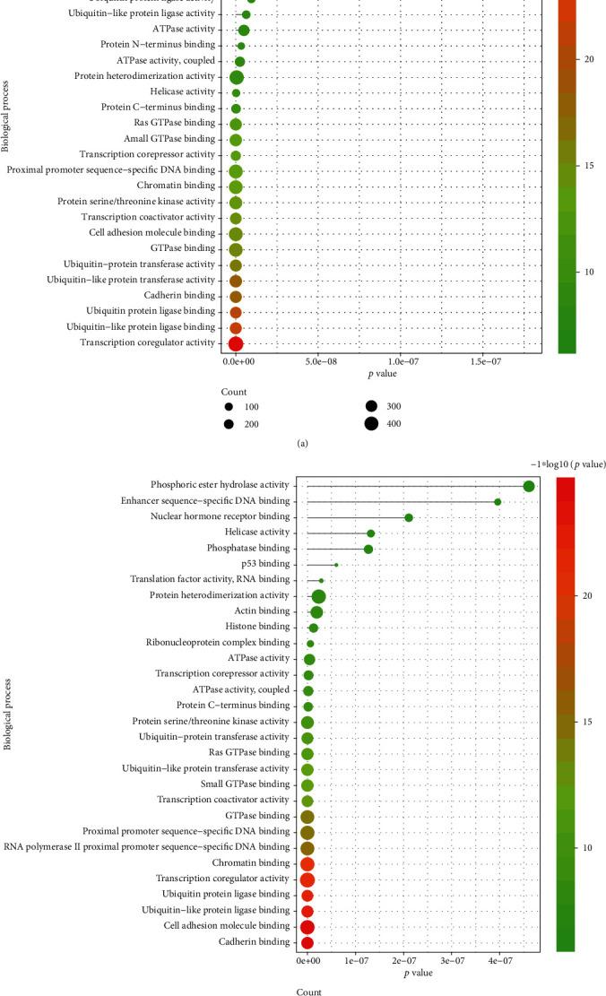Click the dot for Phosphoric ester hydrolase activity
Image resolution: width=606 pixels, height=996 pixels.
pyautogui.click(x=529, y=486)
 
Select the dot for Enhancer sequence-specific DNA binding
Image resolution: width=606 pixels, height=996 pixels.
pyautogui.click(x=498, y=502)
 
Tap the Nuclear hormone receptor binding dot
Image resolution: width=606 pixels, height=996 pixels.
pyautogui.click(x=409, y=517)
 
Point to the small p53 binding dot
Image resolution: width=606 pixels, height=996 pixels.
pyautogui.click(x=336, y=565)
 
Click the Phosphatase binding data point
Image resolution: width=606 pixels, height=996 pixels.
pyautogui.click(x=368, y=549)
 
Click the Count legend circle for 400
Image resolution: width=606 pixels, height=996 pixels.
pyautogui.click(x=370, y=424)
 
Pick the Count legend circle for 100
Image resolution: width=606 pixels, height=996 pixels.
pyautogui.click(x=234, y=407)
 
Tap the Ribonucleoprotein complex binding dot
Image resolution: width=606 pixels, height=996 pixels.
pyautogui.click(x=310, y=644)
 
